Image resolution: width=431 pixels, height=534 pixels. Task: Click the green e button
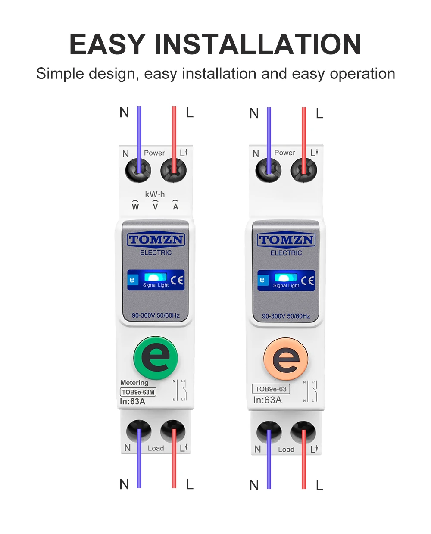coord(156,358)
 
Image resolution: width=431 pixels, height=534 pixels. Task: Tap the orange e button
coord(286,359)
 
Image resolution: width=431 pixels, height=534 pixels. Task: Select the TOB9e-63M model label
coord(138,392)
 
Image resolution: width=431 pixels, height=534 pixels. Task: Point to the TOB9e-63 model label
coord(271,389)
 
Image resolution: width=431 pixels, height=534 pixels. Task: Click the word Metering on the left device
coord(134,383)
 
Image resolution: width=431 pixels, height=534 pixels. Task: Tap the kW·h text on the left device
coord(155,194)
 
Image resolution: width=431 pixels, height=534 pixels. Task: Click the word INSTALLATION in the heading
coord(257,44)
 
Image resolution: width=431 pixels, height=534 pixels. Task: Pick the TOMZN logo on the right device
coord(286,240)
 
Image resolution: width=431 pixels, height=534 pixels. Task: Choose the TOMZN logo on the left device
coord(156,240)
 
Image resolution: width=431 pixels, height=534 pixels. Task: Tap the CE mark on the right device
coord(308,281)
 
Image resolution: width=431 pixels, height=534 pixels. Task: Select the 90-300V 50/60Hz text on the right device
coord(286,316)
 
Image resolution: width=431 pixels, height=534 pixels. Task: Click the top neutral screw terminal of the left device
coord(138,170)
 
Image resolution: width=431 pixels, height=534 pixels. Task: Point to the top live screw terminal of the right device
coord(304,170)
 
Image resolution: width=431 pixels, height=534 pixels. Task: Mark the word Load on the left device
coord(156,448)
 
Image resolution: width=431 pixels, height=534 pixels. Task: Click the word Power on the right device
coord(284,153)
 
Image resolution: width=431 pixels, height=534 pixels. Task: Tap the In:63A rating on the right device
coord(267,400)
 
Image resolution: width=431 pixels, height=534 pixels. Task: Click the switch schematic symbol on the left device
coord(180,391)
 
